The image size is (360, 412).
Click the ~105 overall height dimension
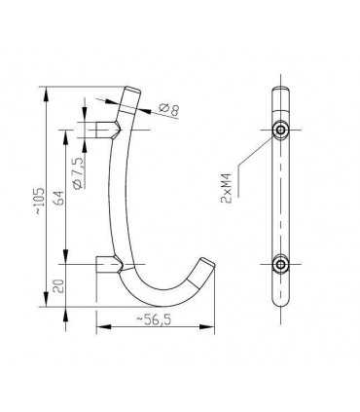[39, 201]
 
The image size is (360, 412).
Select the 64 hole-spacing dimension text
[59, 197]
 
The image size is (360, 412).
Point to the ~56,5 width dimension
[154, 319]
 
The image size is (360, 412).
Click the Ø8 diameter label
[169, 109]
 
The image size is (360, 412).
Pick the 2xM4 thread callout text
[226, 188]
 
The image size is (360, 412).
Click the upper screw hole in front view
[280, 130]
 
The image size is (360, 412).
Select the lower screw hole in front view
[279, 264]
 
